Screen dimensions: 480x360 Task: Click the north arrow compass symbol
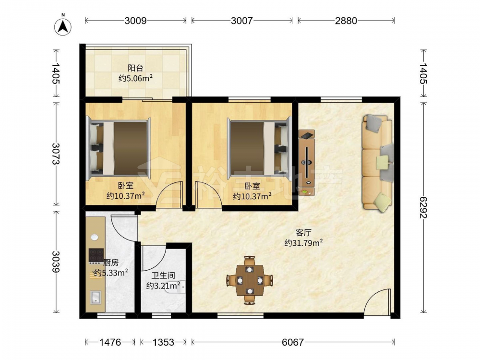(x=63, y=26)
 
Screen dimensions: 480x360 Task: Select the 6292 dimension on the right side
(x=423, y=207)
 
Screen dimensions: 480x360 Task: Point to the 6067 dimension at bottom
(x=293, y=342)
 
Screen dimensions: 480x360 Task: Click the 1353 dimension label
(x=164, y=342)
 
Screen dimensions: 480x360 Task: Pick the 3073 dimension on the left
(x=56, y=154)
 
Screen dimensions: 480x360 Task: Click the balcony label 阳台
(x=135, y=68)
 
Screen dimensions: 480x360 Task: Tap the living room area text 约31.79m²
(x=303, y=243)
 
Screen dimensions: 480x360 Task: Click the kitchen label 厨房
(x=111, y=263)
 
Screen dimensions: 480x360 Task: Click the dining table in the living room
(x=250, y=280)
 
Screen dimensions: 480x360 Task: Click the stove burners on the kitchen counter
(x=96, y=255)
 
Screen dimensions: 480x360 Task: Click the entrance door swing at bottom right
(x=378, y=301)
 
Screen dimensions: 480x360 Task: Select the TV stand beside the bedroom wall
(x=307, y=163)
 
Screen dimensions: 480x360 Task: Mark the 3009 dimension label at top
(x=136, y=21)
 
